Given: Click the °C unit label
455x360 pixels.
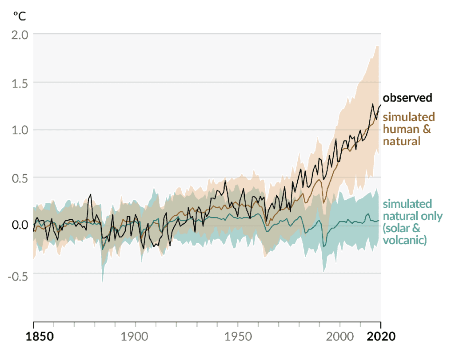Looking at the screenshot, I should [x=19, y=16].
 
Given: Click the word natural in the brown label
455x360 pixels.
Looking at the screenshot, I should [x=401, y=142].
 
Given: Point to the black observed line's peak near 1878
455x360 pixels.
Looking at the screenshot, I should [x=91, y=194].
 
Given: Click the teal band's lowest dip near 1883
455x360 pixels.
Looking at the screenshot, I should [x=103, y=281].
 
